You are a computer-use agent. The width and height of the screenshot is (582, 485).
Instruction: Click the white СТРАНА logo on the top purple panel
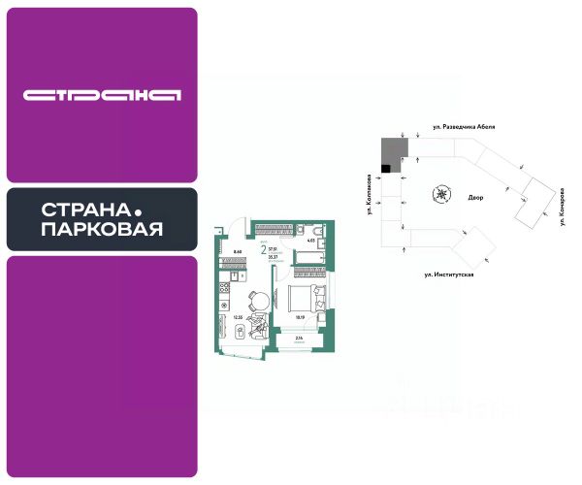pos(102,95)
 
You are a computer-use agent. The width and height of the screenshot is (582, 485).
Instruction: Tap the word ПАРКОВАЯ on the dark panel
pos(102,230)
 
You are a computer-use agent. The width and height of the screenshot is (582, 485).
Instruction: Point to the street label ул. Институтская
pos(448,275)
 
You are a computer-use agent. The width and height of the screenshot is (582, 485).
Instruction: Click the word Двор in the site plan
pos(475,197)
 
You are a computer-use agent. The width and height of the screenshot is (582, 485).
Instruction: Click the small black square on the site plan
pos(385,169)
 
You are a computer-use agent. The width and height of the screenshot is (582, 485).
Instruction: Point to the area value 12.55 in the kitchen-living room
pos(237,316)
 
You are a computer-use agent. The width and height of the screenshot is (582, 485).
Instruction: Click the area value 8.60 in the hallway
pos(237,251)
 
